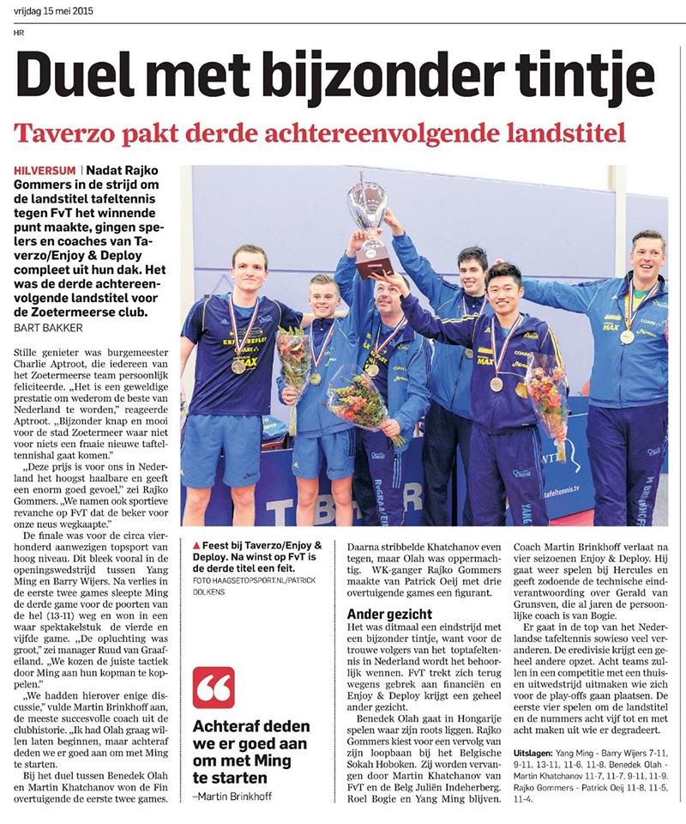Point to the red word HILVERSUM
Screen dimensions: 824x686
pyautogui.click(x=47, y=172)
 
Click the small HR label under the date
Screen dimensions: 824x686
pyautogui.click(x=19, y=34)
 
